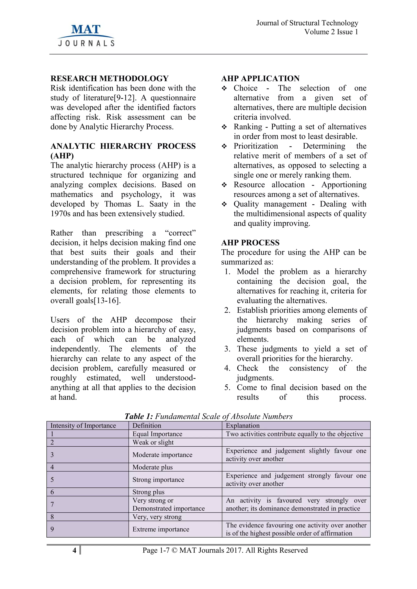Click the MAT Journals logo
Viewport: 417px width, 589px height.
(x=86, y=35)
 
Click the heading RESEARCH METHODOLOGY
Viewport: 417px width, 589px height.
(x=109, y=78)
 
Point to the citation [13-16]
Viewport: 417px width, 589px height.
(x=106, y=300)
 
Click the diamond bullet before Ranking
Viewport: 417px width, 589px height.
(x=224, y=127)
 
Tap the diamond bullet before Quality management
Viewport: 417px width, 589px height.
(x=224, y=204)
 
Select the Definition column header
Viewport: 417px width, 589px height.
(x=147, y=426)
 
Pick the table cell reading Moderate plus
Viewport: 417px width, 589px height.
(x=153, y=467)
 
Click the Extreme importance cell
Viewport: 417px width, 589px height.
(x=161, y=529)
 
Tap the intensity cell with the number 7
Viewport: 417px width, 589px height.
(x=52, y=504)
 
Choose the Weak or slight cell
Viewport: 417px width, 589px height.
(x=153, y=442)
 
